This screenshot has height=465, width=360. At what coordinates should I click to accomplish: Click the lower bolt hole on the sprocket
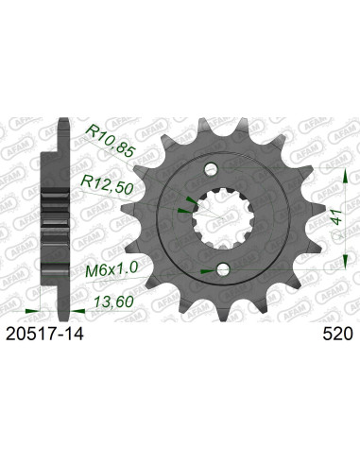point(220,271)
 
